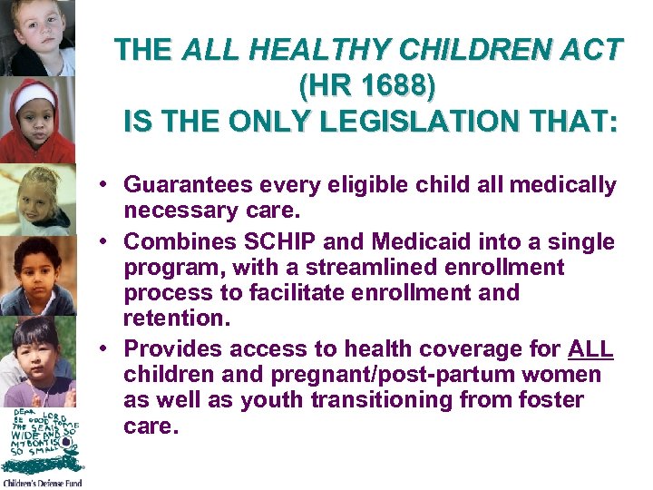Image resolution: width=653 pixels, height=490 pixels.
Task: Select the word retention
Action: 174,318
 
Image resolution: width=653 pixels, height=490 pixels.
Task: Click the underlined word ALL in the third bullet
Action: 590,349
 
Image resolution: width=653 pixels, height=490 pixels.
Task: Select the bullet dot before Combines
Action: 106,242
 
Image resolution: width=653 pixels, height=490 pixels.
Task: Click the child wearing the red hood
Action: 36,118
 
